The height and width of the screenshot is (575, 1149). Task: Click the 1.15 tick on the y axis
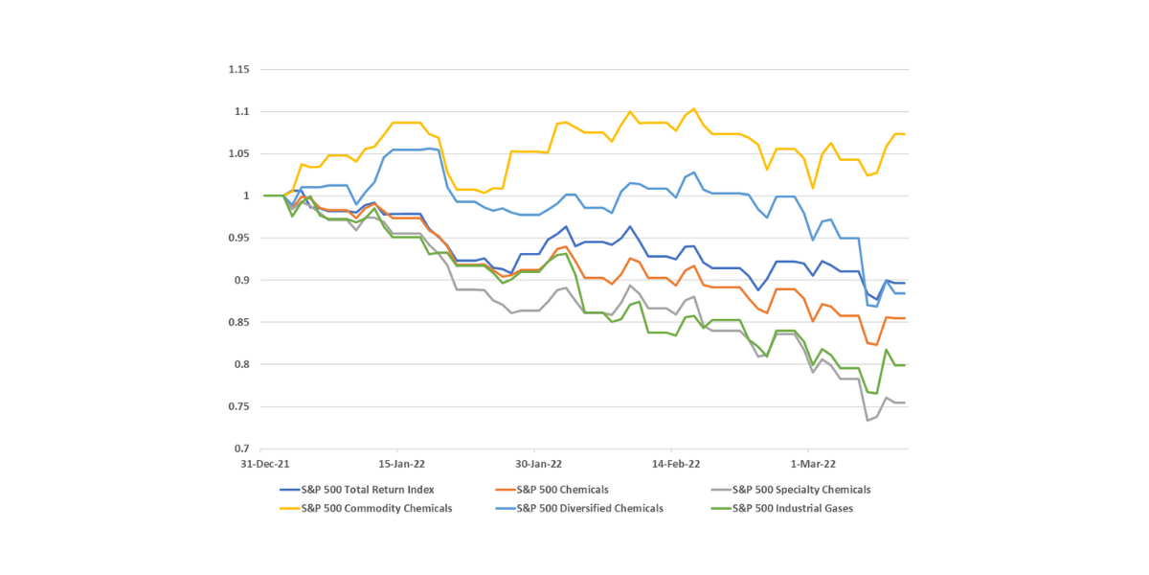point(237,70)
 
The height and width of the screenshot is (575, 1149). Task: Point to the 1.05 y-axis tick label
point(237,154)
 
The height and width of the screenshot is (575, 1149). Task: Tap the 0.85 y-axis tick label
point(237,323)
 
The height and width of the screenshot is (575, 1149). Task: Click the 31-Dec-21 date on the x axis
point(264,464)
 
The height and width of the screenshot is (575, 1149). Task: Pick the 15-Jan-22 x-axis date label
point(402,464)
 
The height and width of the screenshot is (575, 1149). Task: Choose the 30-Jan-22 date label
point(539,464)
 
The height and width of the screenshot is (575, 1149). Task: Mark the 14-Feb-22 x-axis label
point(677,464)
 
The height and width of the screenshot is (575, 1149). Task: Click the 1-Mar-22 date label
point(813,464)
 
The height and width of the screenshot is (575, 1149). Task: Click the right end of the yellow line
point(905,134)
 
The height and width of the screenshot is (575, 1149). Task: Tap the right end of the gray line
point(905,402)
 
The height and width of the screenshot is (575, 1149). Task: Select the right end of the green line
point(905,365)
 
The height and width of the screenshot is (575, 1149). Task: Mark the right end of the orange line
point(905,318)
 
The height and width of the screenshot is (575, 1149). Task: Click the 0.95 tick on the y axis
point(237,239)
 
